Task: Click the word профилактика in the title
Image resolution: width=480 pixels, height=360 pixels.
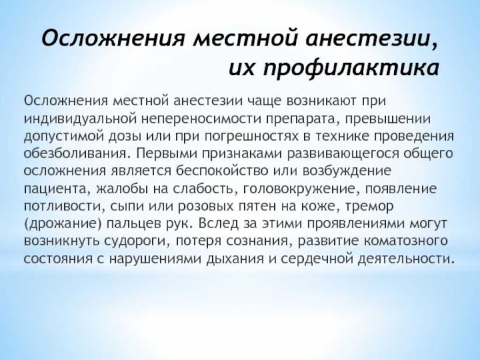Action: coord(351,67)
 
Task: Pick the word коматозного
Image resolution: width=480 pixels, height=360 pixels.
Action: coord(406,241)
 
